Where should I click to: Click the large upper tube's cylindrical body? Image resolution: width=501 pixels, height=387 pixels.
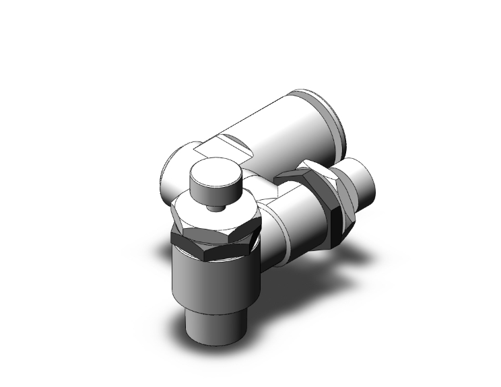tap(283, 128)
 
